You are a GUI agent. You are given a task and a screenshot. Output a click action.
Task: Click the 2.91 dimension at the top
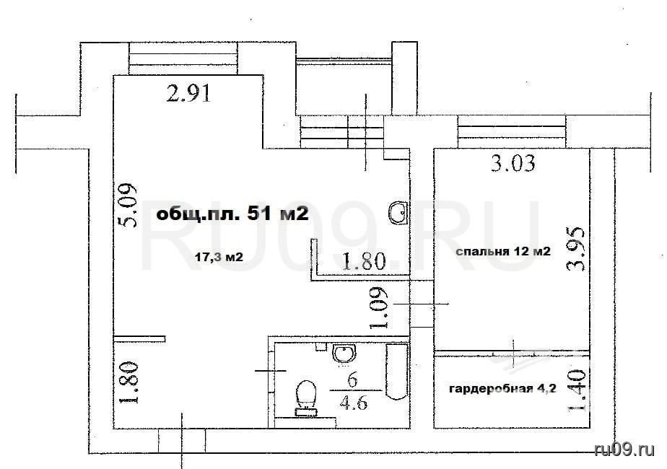point(189,94)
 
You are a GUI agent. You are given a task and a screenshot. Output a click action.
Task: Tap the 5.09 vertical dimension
point(128,205)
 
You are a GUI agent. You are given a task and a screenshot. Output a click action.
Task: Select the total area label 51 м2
point(232,214)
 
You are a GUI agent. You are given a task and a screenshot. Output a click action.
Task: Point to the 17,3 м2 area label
point(219,256)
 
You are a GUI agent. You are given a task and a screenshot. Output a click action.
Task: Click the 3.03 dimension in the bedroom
point(513,163)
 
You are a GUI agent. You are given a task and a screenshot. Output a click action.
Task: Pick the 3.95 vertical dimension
point(575,249)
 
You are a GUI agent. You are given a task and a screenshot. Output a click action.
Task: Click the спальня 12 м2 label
point(503,251)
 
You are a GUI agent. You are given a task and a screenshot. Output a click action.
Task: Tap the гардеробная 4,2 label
point(502,389)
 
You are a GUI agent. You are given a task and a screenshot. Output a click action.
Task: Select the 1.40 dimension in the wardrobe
point(577,390)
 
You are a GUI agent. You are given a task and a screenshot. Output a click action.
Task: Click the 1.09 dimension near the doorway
point(378,308)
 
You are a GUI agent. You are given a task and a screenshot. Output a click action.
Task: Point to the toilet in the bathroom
point(306,398)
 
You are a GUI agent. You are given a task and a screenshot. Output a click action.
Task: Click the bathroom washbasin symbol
point(344,354)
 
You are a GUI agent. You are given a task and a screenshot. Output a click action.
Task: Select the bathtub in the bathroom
point(396,371)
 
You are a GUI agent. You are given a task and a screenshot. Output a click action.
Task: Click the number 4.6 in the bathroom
point(354,401)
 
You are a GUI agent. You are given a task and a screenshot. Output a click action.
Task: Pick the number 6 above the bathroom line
point(352,380)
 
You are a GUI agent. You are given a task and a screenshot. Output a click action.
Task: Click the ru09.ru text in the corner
point(624,449)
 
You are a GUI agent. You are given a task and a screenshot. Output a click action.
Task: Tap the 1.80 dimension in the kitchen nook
point(364,261)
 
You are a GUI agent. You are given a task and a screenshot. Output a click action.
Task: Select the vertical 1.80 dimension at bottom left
point(128,382)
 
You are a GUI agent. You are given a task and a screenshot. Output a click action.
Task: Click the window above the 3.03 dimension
point(512,131)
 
